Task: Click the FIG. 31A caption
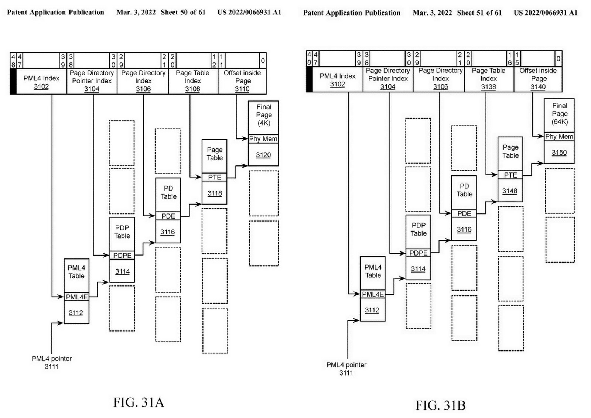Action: coord(139,402)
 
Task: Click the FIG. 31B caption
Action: coord(440,405)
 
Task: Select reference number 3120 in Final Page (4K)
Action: coord(263,155)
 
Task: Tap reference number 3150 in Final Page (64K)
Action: coord(559,153)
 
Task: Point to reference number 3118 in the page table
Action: coord(215,193)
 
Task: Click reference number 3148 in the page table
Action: coord(510,191)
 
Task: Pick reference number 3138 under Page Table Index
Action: coord(488,87)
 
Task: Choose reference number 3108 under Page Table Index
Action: coord(192,89)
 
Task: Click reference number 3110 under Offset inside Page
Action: coord(242,89)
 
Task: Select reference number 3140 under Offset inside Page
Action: coord(538,87)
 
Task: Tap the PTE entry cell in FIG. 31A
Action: coord(215,177)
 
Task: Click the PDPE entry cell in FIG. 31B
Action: coord(418,253)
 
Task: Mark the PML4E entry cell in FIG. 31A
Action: coord(77,297)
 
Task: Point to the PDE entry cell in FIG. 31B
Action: coord(464,213)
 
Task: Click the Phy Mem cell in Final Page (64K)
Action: coord(559,137)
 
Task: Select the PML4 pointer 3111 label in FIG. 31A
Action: coord(52,362)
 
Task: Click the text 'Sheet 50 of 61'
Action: coord(183,12)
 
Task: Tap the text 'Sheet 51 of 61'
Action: coord(479,13)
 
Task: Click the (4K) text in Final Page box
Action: coord(264,123)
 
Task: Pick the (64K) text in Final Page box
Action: coord(560,121)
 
